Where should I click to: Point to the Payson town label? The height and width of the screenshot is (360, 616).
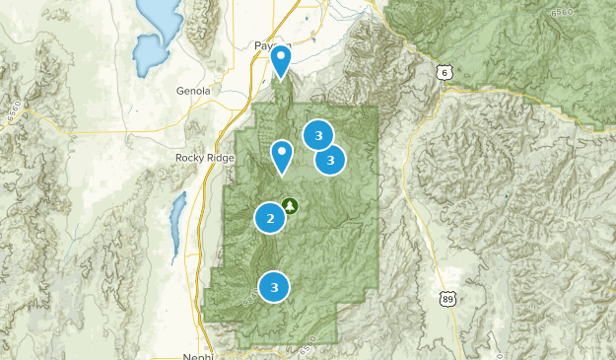point(268,45)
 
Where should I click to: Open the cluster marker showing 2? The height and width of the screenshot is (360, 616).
point(270,218)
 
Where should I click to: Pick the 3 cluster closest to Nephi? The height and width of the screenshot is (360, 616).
point(275,287)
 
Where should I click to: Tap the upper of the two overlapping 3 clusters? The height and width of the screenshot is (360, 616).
point(317,135)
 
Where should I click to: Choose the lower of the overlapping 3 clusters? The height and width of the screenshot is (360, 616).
point(330,159)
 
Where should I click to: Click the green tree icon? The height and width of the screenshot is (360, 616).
point(290,205)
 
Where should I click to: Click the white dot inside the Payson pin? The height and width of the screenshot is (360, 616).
point(281,57)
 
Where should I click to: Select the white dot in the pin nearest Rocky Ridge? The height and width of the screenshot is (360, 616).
point(282,153)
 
